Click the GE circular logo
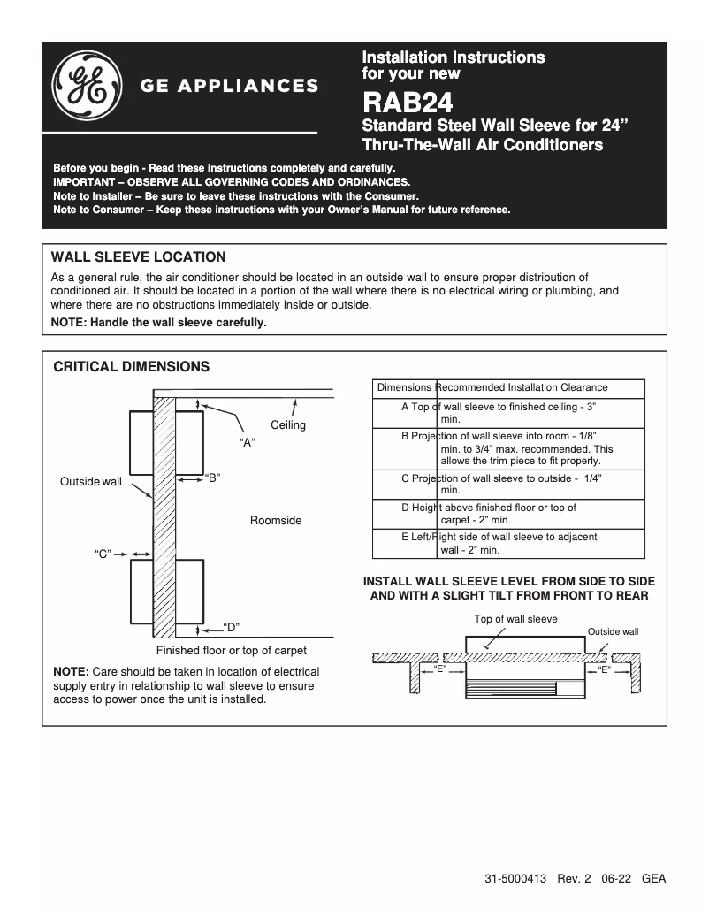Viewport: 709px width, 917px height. pyautogui.click(x=86, y=87)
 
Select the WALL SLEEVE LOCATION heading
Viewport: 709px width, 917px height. pyautogui.click(x=139, y=257)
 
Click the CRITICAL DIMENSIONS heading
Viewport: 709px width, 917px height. pyautogui.click(x=132, y=365)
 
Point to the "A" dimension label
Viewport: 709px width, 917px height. pyautogui.click(x=248, y=442)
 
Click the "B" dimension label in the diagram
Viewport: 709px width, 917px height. pyautogui.click(x=212, y=478)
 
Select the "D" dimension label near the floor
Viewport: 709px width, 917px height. pyautogui.click(x=231, y=628)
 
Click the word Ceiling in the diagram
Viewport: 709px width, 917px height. pyautogui.click(x=288, y=425)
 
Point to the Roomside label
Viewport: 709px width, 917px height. pyautogui.click(x=276, y=521)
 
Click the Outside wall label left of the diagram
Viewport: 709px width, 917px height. pyautogui.click(x=91, y=482)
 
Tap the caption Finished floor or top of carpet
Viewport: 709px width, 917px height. pyautogui.click(x=232, y=651)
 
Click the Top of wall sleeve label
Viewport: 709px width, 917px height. pyautogui.click(x=516, y=619)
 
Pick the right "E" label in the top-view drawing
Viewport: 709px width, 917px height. pyautogui.click(x=606, y=669)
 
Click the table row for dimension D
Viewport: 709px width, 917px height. pyautogui.click(x=508, y=514)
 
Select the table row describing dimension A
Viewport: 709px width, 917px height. pyautogui.click(x=508, y=413)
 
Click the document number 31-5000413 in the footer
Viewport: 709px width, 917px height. pyautogui.click(x=515, y=880)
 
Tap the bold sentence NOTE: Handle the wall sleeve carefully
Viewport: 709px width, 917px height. pyautogui.click(x=159, y=323)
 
